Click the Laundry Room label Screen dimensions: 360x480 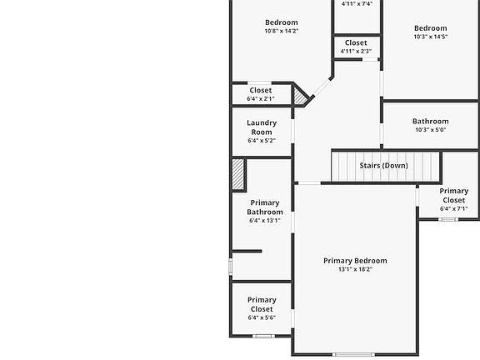(x=262, y=127)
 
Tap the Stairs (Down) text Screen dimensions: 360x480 (x=383, y=166)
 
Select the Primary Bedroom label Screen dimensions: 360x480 (x=355, y=261)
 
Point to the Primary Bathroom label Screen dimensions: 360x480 (x=264, y=207)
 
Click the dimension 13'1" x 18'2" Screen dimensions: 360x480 (x=355, y=270)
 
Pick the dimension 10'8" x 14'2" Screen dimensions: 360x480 (x=281, y=32)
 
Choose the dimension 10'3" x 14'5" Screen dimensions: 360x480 (x=430, y=37)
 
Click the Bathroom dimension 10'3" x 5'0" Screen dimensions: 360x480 (x=430, y=130)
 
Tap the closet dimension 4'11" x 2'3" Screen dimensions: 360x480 (x=356, y=52)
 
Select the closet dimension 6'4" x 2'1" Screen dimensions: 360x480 (x=260, y=99)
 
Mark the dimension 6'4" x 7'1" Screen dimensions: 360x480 (x=453, y=209)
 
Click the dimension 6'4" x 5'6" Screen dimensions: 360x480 (x=262, y=317)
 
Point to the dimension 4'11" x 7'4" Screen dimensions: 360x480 (x=357, y=4)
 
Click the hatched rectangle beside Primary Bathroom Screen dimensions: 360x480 (x=237, y=175)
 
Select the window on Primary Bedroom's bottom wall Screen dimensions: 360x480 (x=353, y=355)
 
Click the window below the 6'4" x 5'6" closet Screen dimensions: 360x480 (x=263, y=337)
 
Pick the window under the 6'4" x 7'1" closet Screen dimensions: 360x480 (x=448, y=219)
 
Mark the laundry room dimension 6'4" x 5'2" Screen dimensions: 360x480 (x=262, y=141)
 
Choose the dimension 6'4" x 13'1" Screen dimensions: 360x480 (x=264, y=221)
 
